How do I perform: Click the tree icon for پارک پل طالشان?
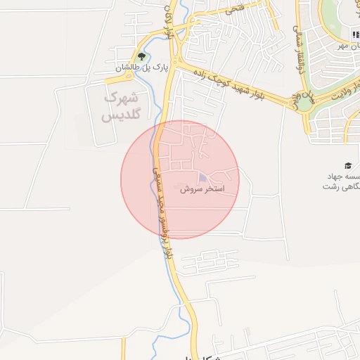143,56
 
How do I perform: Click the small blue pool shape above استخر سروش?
202,178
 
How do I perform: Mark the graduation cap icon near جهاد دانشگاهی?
347,164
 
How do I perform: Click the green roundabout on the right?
304,103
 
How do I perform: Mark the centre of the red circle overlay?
180,179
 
